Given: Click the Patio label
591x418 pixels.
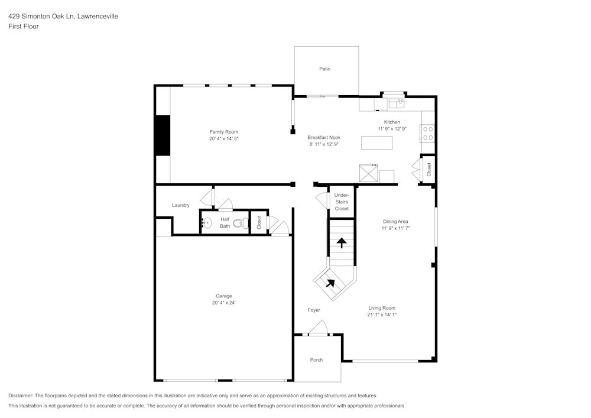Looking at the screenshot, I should [324, 69].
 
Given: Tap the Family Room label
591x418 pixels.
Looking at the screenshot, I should [223, 132].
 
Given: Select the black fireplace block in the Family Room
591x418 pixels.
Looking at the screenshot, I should [162, 135].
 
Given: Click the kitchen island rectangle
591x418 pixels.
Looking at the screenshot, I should [377, 143].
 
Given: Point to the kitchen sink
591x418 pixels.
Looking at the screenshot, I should [397, 104].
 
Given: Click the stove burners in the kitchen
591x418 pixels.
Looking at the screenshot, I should [427, 134].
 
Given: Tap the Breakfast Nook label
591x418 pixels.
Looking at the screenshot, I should [324, 138].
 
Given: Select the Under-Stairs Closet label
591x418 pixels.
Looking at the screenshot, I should [342, 202].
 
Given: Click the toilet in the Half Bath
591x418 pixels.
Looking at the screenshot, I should [241, 223].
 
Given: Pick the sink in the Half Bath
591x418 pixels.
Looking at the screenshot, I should [207, 223].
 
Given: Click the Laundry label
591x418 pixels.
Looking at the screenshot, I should [181, 205].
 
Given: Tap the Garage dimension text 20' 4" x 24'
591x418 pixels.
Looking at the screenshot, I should [224, 303].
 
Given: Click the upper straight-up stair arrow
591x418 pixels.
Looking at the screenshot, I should [342, 242].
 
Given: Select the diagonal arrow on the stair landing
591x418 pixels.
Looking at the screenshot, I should [330, 283].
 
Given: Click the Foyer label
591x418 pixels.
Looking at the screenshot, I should [314, 310].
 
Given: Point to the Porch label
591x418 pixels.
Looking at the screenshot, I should [317, 359].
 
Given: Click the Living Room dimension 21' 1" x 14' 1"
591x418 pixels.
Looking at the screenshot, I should [382, 315].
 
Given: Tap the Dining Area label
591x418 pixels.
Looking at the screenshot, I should [395, 221].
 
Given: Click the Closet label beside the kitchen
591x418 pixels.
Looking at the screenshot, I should [429, 169].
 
